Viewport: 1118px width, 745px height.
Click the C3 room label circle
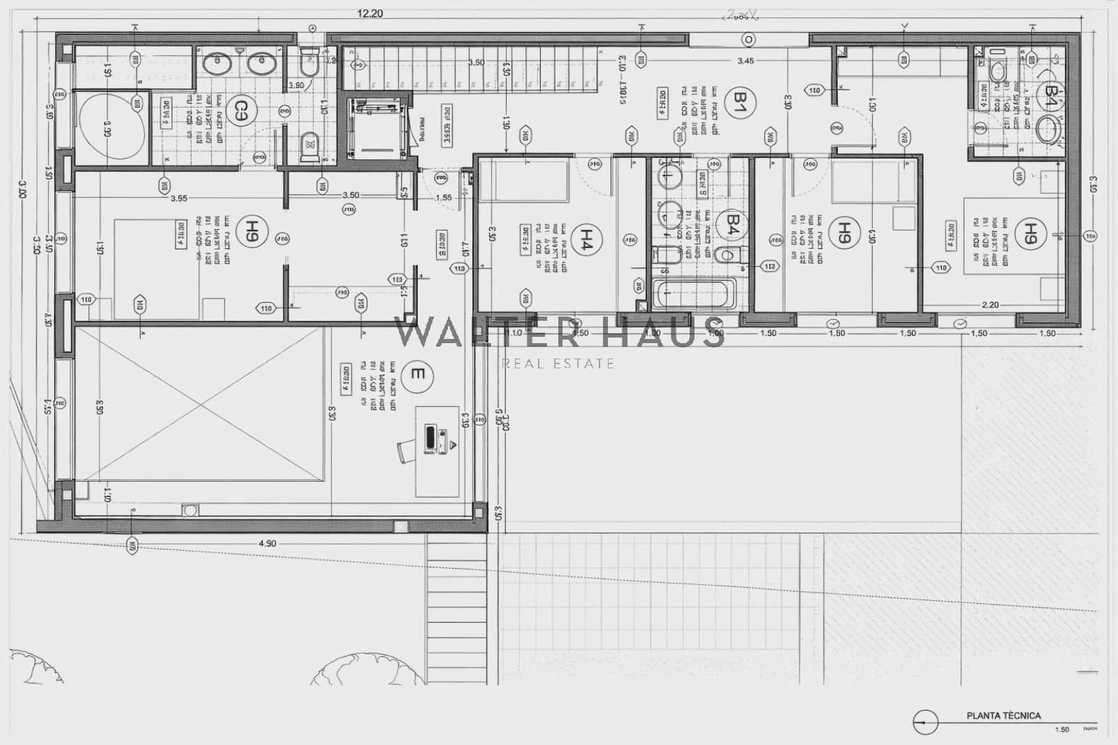tap(240, 109)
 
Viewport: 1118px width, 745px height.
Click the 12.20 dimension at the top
tap(370, 13)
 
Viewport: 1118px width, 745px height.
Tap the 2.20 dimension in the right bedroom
tap(989, 305)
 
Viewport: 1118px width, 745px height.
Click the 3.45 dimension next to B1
tap(746, 61)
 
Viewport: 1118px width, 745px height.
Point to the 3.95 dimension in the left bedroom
tap(179, 198)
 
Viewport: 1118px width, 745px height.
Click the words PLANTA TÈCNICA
tap(1003, 716)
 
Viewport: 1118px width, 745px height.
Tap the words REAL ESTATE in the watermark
tap(558, 363)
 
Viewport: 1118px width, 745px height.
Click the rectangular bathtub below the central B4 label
tap(692, 294)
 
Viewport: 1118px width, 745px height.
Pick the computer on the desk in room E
tap(431, 437)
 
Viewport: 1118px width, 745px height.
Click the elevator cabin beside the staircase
tap(376, 129)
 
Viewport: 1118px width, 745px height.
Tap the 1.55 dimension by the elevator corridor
tap(443, 198)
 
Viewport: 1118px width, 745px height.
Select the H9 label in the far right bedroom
tap(1028, 231)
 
